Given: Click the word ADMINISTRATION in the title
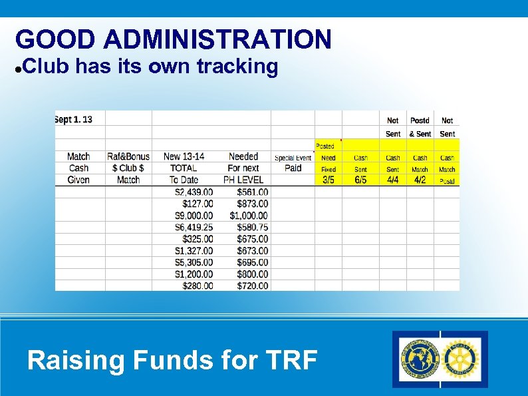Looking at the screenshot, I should click(x=217, y=40).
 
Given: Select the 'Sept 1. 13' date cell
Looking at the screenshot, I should click(x=74, y=120).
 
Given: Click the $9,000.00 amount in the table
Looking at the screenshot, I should click(x=194, y=216).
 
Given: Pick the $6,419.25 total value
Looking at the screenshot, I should click(x=194, y=227).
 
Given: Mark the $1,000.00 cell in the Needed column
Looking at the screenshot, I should click(x=249, y=216).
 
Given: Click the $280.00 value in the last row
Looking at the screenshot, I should click(x=198, y=286).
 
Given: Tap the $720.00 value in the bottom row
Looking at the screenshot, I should click(x=253, y=286).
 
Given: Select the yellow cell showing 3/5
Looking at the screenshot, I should click(x=329, y=180).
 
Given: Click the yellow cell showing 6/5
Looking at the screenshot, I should click(x=360, y=180).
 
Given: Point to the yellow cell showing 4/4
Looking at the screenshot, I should click(x=393, y=180).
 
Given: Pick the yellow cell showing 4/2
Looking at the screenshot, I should click(x=420, y=180).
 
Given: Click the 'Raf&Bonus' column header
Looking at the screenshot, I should click(x=128, y=156).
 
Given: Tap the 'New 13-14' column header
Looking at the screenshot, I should click(x=184, y=156).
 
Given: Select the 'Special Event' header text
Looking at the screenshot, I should click(x=293, y=158).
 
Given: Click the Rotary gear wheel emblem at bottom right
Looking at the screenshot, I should click(x=462, y=359).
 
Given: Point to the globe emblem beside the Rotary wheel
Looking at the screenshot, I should click(x=418, y=359).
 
